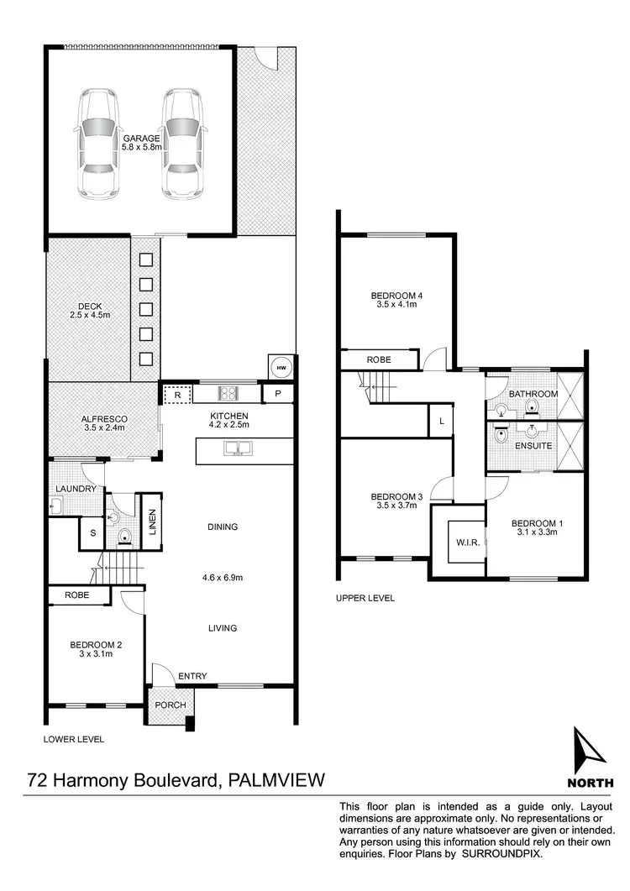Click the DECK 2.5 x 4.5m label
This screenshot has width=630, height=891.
coord(89,311)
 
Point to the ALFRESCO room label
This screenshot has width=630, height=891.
coord(103,423)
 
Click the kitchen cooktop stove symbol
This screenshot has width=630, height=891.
coord(229,392)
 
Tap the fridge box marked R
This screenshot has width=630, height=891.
coord(177,393)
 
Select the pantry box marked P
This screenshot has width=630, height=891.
coord(277,394)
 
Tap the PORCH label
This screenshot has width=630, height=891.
coord(171,704)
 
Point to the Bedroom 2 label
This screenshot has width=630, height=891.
coord(95,649)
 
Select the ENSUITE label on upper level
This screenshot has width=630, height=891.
coord(533,445)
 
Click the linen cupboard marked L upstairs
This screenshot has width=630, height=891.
coord(441,421)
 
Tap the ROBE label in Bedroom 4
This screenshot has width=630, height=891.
coord(379,359)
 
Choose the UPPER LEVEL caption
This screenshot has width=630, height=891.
coord(365,598)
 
